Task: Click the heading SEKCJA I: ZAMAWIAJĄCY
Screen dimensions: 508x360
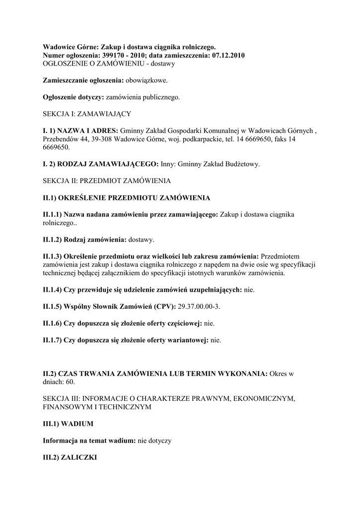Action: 87,114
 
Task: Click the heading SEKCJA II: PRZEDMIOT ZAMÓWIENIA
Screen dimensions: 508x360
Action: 107,181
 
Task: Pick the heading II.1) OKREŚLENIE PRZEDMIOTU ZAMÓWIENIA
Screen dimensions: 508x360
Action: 127,197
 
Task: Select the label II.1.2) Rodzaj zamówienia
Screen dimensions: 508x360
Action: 85,240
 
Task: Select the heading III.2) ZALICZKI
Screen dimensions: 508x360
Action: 70,458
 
